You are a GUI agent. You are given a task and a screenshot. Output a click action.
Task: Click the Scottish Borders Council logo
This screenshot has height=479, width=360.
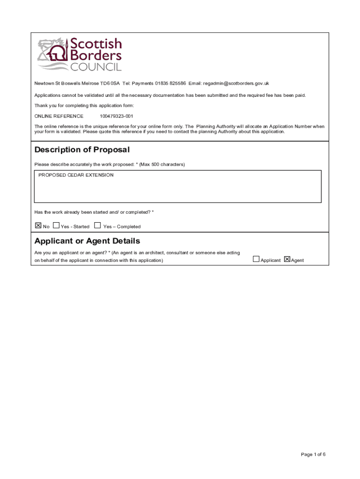79,54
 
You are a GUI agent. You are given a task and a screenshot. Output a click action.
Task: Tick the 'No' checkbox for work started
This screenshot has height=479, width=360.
38,225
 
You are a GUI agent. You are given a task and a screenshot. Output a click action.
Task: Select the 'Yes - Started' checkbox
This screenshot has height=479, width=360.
56,225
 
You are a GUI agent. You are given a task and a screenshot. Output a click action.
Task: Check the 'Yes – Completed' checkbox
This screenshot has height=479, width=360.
97,225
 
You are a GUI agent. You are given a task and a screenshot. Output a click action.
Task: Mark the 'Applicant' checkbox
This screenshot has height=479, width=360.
256,259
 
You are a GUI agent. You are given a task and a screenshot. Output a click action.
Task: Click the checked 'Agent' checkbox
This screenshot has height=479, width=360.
287,259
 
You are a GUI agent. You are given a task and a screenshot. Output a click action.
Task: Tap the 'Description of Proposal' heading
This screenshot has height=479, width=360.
82,150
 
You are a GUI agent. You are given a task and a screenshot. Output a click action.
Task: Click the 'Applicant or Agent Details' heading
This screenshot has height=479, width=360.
87,241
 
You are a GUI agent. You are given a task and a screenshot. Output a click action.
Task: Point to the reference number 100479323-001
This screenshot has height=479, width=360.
116,116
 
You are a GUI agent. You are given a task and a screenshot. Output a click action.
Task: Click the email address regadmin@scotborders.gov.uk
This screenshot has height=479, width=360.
236,83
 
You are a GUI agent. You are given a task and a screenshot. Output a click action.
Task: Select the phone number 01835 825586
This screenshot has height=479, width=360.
170,83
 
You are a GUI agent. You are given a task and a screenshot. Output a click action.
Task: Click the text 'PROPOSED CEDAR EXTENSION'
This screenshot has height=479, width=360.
76,175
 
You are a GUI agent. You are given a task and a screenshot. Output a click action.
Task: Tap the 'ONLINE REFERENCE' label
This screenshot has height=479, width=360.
59,116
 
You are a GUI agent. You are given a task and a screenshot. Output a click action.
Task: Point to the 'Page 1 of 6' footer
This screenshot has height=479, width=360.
313,454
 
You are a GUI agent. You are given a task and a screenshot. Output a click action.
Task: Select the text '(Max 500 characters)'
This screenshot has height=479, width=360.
162,164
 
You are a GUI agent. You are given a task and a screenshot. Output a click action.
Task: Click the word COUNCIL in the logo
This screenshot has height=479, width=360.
95,67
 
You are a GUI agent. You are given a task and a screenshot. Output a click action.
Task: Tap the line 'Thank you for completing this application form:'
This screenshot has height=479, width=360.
84,105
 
